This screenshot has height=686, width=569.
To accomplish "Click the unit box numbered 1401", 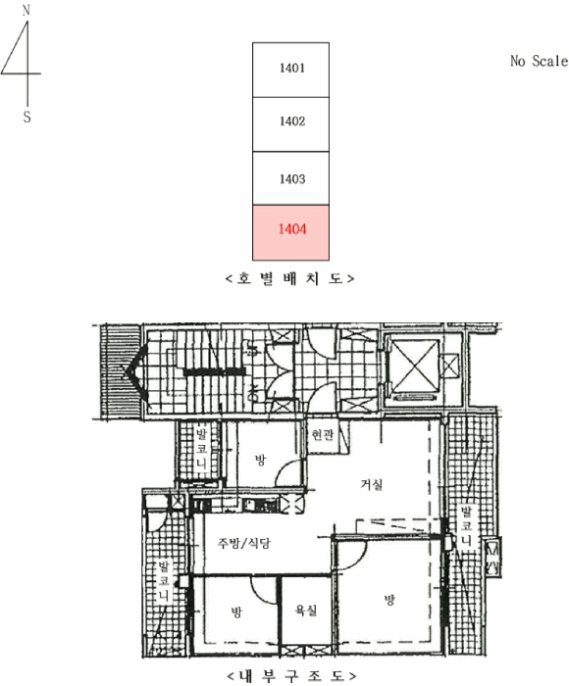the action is pyautogui.click(x=290, y=70).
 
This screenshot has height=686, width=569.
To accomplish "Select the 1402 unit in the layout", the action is pyautogui.click(x=290, y=124).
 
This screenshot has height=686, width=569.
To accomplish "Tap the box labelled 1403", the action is pyautogui.click(x=290, y=178).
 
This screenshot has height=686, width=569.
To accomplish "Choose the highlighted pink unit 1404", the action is pyautogui.click(x=290, y=233).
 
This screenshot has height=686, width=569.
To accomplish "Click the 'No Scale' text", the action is pyautogui.click(x=539, y=61).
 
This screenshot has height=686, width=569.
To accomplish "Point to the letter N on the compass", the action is pyautogui.click(x=26, y=11).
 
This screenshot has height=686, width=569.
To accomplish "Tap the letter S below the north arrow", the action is pyautogui.click(x=26, y=117).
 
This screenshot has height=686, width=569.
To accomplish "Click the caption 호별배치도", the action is pyautogui.click(x=290, y=278).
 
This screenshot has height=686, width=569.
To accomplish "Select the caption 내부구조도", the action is pyautogui.click(x=290, y=676).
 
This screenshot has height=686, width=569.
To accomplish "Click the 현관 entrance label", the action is pyautogui.click(x=323, y=434).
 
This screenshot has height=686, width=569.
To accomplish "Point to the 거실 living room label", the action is pyautogui.click(x=372, y=484).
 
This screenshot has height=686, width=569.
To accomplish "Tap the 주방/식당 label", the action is pyautogui.click(x=244, y=543).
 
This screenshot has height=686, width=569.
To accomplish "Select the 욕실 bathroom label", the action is pyautogui.click(x=305, y=610).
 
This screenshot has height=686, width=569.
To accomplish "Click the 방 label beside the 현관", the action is pyautogui.click(x=260, y=460).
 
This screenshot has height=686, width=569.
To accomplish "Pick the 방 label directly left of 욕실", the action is pyautogui.click(x=236, y=612).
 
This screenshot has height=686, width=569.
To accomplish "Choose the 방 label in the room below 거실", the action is pyautogui.click(x=389, y=600).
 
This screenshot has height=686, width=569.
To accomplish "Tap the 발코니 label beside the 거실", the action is pyautogui.click(x=466, y=526).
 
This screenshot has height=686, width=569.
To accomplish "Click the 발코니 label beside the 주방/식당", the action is pyautogui.click(x=164, y=580).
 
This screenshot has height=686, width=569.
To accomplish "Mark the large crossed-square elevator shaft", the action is pyautogui.click(x=414, y=366).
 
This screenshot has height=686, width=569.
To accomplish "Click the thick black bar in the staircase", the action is pyautogui.click(x=214, y=371).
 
